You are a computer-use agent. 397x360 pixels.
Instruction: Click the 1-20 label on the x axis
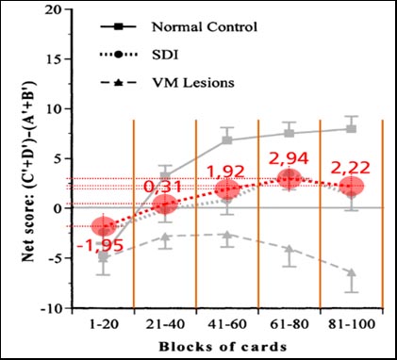coord(103,323)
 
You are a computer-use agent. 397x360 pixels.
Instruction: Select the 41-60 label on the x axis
coord(227,323)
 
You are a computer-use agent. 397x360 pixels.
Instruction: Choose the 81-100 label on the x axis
coord(351,323)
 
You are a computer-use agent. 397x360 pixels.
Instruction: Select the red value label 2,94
coord(289,157)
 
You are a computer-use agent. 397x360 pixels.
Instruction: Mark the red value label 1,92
coord(226,172)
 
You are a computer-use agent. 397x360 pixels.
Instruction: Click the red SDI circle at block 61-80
coord(289,178)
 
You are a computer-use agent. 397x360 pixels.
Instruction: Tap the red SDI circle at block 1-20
coord(104,227)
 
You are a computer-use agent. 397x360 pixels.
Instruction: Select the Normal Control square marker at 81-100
coord(351,129)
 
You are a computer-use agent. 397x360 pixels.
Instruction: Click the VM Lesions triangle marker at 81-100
coord(351,272)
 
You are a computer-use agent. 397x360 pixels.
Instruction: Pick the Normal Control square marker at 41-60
coord(227,139)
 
